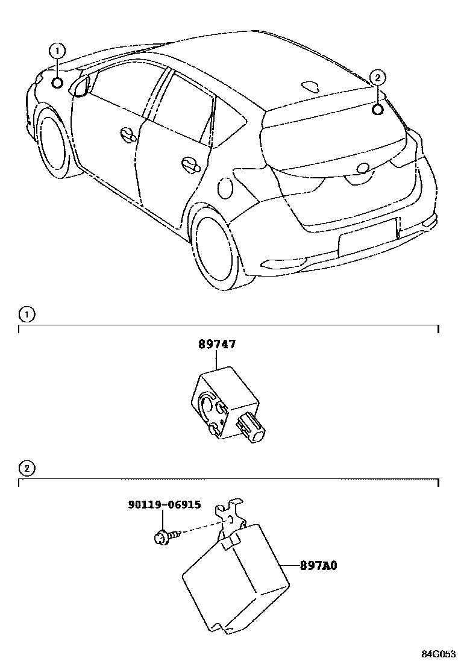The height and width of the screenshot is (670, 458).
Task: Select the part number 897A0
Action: [319, 566]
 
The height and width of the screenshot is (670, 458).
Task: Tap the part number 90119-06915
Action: [164, 505]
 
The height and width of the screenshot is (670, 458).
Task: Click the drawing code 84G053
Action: [438, 654]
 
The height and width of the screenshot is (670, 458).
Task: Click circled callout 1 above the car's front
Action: [57, 51]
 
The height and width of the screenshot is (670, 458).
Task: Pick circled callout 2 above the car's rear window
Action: [377, 77]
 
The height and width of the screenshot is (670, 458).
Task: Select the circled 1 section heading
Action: [27, 314]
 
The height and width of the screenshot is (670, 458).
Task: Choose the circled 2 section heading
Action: [27, 468]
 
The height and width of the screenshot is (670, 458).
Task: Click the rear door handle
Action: [192, 164]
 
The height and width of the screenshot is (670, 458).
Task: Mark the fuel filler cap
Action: [225, 187]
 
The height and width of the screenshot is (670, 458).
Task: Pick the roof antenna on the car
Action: [312, 86]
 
